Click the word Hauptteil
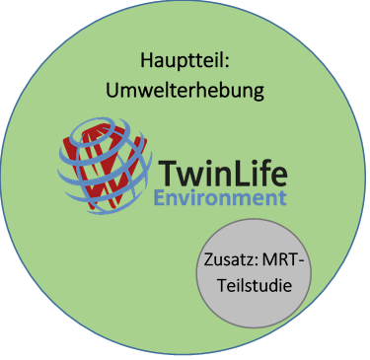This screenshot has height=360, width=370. tap(185, 60)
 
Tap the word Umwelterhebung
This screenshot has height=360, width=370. tap(185, 91)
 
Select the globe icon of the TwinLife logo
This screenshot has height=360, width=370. tap(103, 163)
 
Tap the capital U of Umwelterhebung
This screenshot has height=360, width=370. tap(111, 91)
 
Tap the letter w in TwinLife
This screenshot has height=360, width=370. tap(190, 179)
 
